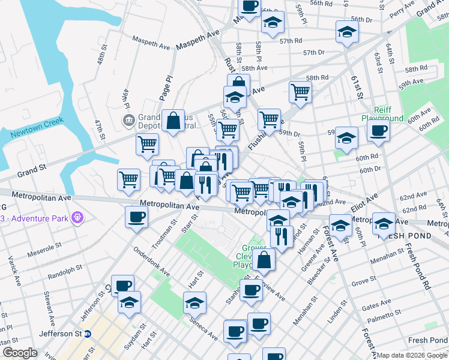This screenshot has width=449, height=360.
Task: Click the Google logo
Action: click(x=20, y=353)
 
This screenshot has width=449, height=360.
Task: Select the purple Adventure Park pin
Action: click(x=77, y=217)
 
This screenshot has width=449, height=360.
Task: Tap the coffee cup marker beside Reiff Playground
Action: click(x=378, y=131)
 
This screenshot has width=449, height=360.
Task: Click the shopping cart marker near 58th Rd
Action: click(x=300, y=92)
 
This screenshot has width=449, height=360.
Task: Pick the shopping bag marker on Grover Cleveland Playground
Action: click(x=264, y=260)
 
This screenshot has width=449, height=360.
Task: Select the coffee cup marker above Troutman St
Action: click(x=136, y=217)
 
